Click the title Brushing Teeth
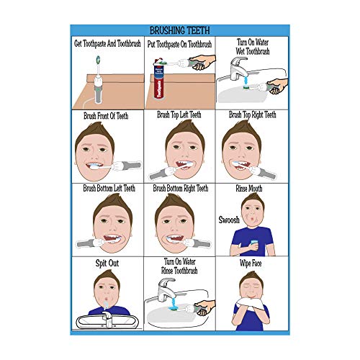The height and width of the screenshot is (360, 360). point(179,30)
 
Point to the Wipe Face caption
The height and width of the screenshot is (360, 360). point(252,264)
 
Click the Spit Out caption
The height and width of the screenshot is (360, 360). point(107,264)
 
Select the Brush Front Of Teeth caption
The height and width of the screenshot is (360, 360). point(107,115)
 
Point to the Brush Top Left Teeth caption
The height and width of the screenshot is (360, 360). point(180,115)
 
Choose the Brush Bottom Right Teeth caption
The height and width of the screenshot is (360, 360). point(180,188)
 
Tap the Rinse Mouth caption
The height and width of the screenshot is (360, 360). point(251,188)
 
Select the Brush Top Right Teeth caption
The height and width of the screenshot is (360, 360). point(252,115)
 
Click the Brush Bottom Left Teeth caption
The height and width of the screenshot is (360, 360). point(108,188)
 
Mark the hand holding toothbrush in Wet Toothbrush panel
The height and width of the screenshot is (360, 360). point(275,86)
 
